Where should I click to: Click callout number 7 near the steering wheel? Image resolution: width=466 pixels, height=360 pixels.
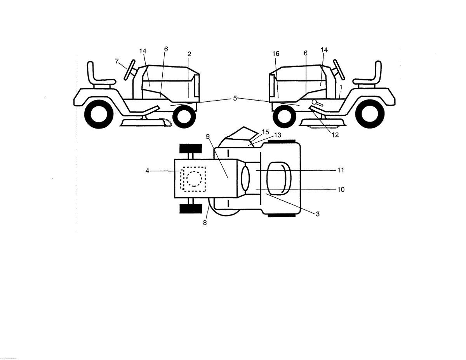point(117,61)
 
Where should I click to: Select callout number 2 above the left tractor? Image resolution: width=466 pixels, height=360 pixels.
point(189,54)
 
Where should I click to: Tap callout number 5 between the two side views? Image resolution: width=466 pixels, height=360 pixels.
point(235,98)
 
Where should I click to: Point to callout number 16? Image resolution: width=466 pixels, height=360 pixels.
point(276,54)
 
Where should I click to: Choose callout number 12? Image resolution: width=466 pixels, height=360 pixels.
point(335,135)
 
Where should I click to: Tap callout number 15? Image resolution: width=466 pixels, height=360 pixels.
point(266,132)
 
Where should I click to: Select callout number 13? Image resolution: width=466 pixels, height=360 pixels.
point(277,135)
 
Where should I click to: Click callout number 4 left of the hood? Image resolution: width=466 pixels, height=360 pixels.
point(148,170)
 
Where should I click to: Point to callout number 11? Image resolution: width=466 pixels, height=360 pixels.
point(341,170)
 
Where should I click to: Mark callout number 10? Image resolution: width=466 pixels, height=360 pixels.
point(341,190)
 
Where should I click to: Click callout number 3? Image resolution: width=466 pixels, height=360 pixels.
point(317,214)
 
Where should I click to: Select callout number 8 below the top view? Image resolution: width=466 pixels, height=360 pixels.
point(205,223)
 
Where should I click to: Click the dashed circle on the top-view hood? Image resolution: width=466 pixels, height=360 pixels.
point(194,179)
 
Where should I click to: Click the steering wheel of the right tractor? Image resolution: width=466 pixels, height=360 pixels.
point(339,69)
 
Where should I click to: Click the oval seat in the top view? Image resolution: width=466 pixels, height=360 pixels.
point(282,177)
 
